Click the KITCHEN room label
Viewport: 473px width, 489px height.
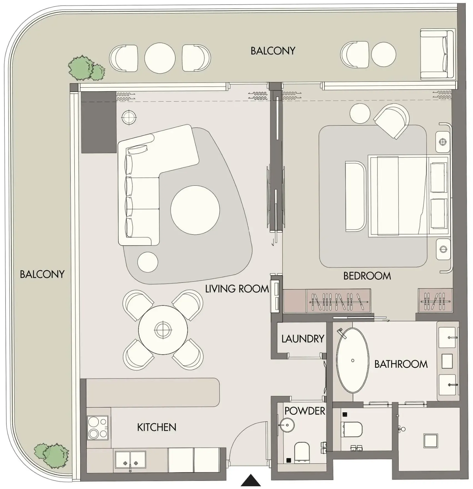(157, 427)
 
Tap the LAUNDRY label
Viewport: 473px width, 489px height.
(303, 339)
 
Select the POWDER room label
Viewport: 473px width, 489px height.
(305, 411)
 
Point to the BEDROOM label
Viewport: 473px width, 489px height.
(367, 276)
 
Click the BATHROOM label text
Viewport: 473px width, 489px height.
(401, 364)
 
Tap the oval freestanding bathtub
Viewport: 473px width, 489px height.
(353, 361)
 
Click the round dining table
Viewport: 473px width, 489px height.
(163, 330)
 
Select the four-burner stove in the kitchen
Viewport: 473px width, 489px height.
(98, 428)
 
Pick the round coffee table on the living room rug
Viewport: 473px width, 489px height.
(195, 210)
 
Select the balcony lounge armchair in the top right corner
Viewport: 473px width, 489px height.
(437, 55)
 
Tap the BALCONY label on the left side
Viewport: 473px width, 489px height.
(42, 274)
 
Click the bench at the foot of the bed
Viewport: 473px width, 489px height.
(355, 196)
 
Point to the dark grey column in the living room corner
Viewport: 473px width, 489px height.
(99, 122)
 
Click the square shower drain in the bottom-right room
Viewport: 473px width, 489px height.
(431, 441)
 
